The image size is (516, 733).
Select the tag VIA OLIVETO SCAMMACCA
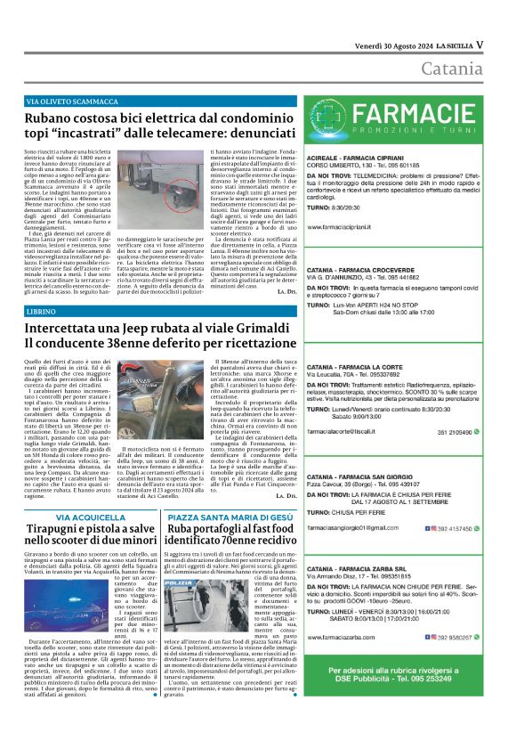pyautogui.click(x=72, y=102)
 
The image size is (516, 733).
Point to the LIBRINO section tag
pyautogui.click(x=41, y=312)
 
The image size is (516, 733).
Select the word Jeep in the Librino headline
pyautogui.click(x=125, y=328)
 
